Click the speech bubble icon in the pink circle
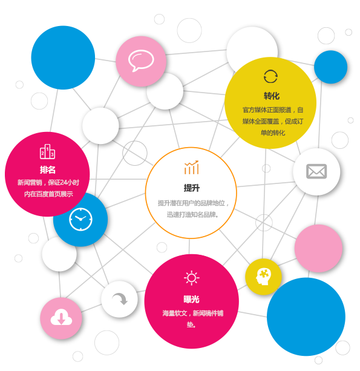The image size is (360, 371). [141, 60]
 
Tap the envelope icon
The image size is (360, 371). [316, 171]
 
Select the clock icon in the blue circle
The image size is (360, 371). [80, 219]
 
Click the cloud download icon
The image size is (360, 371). [61, 317]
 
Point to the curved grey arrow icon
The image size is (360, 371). [120, 298]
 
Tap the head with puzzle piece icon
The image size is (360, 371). [263, 277]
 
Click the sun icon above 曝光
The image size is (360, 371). [191, 278]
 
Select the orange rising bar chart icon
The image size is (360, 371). [191, 167]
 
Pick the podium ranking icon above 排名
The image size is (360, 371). [47, 151]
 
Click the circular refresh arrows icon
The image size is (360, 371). [270, 76]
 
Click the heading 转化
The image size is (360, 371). [272, 96]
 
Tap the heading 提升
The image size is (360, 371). [192, 188]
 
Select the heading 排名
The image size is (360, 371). [48, 169]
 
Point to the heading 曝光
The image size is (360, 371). [191, 300]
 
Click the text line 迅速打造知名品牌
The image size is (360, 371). [192, 215]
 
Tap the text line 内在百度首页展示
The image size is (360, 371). [48, 194]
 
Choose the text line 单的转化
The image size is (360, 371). [273, 133]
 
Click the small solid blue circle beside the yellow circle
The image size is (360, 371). [330, 67]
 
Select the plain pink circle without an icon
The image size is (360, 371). [318, 248]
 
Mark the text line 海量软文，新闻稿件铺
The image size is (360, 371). [193, 314]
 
